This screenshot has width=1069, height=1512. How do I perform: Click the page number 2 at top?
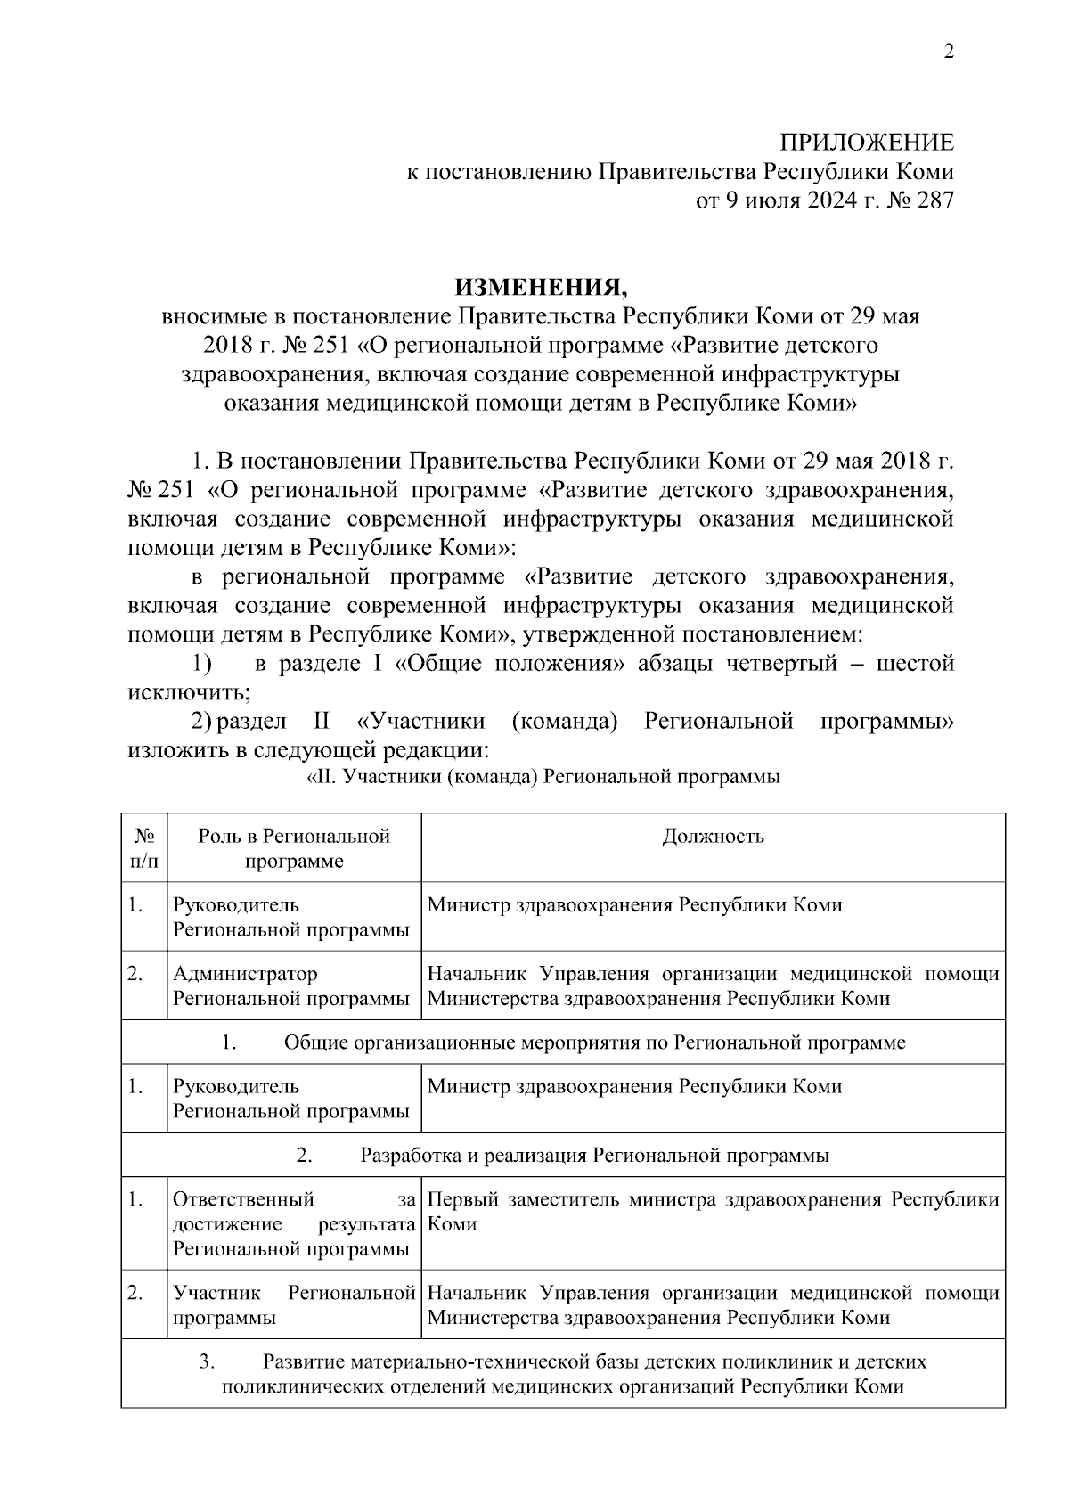click(949, 53)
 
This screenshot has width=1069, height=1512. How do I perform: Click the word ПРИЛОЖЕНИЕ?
click(867, 143)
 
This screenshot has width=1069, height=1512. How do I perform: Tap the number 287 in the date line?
click(933, 200)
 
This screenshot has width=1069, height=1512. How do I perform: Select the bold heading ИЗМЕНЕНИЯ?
click(542, 288)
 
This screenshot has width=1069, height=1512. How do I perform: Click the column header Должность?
click(713, 837)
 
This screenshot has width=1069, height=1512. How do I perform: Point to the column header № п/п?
click(144, 849)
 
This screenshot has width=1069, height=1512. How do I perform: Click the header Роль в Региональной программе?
click(294, 849)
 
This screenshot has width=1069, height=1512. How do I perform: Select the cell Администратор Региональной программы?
click(291, 986)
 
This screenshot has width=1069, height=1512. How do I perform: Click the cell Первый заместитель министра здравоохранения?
click(713, 1212)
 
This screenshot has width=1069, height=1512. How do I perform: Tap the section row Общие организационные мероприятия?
click(563, 1042)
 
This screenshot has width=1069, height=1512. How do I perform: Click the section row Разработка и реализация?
click(563, 1156)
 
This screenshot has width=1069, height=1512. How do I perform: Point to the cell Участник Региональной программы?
click(294, 1305)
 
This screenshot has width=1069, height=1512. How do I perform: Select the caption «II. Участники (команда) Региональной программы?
click(543, 777)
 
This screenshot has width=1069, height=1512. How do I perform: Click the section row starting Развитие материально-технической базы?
click(563, 1374)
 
